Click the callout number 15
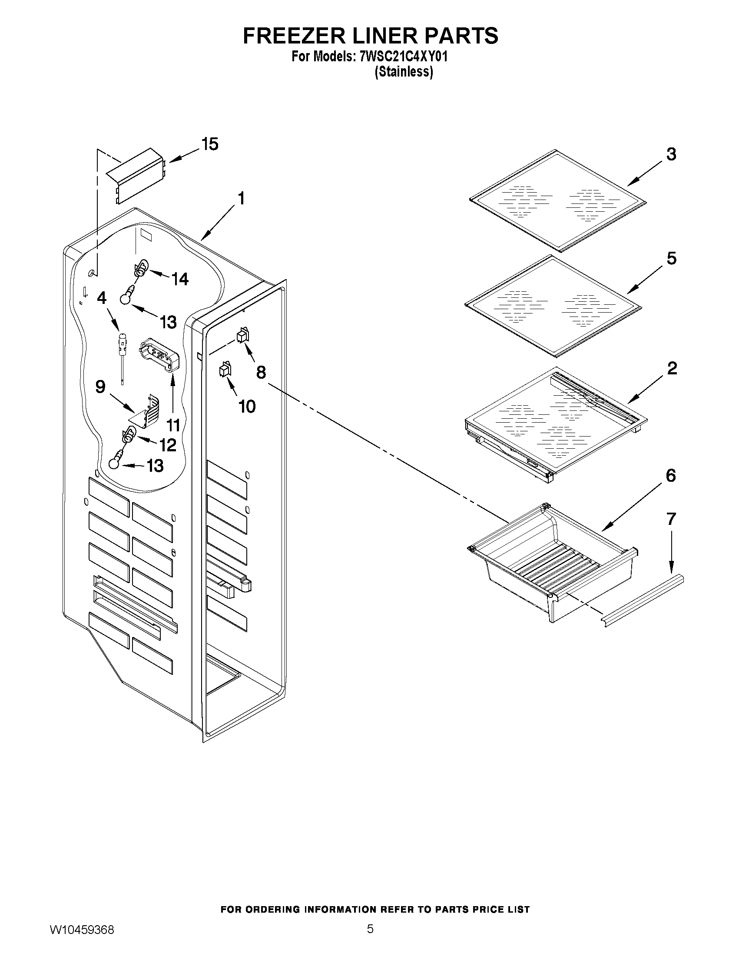click(x=210, y=144)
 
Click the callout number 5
click(x=671, y=258)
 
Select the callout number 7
click(x=671, y=519)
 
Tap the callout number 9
click(x=100, y=387)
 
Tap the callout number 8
click(x=261, y=373)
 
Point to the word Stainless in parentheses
click(x=404, y=72)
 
